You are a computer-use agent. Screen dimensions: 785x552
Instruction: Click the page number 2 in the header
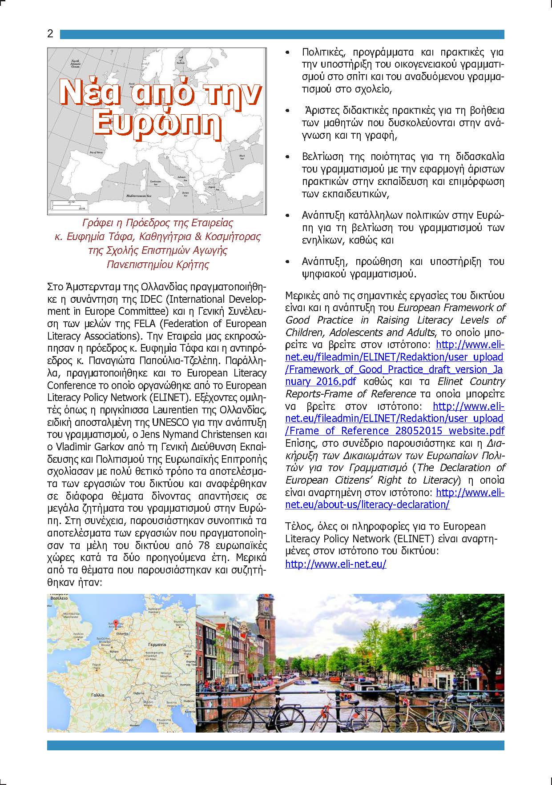[x=50, y=34]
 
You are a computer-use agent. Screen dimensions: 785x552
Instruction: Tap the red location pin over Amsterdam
[x=117, y=624]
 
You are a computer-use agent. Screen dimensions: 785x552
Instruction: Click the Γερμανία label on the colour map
[x=158, y=644]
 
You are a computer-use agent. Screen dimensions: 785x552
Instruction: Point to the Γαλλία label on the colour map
[x=97, y=694]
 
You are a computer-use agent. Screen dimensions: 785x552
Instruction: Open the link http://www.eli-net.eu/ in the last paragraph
[x=335, y=564]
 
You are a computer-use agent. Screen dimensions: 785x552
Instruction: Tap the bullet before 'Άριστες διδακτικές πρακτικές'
[x=289, y=110]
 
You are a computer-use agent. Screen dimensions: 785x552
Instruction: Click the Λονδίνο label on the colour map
[x=78, y=637]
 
